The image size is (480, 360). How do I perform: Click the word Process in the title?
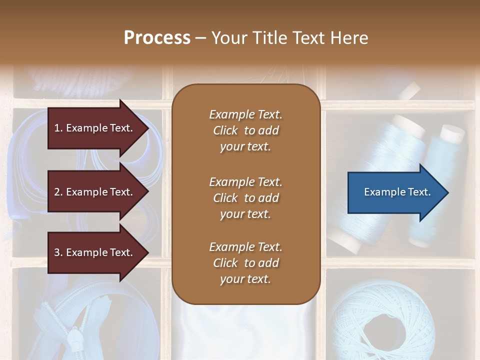tap(157, 38)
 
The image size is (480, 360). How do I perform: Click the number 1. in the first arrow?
tap(58, 128)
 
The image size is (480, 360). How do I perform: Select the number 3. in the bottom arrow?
tap(58, 252)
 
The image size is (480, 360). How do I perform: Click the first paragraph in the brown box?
tap(245, 130)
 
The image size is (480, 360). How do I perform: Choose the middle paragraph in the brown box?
tap(245, 198)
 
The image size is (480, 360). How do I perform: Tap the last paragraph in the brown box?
tap(245, 263)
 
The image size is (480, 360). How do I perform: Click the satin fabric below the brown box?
tap(246, 330)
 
